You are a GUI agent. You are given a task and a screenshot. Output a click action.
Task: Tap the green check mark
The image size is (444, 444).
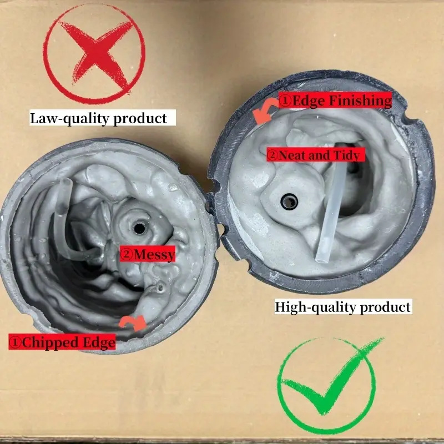tap(327, 383)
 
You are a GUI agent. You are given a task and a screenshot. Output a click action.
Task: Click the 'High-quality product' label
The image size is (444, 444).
tap(343, 307)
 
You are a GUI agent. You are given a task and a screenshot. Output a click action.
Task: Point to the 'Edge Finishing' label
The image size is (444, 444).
tap(335, 101)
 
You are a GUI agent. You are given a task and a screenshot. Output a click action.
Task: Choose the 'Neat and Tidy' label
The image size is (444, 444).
tap(316, 155)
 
